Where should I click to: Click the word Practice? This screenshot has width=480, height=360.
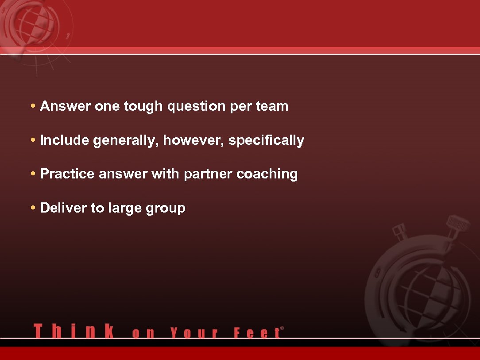pos(67,174)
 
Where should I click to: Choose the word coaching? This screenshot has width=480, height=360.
pos(267,174)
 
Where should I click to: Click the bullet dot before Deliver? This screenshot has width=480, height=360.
pos(34,208)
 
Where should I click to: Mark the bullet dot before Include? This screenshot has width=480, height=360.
pos(34,140)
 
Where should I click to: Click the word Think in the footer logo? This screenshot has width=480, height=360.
pos(74,332)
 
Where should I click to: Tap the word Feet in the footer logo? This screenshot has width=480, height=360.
pos(257,333)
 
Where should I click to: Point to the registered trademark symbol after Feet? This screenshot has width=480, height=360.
pos(282,328)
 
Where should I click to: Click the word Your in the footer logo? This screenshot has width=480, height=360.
pos(194,333)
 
